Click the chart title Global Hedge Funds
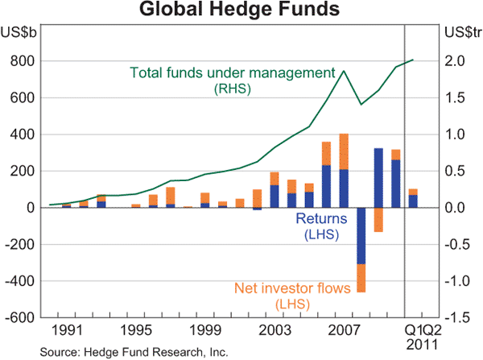241,10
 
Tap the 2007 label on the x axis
344,330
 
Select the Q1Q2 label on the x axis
423,330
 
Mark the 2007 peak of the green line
344,71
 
